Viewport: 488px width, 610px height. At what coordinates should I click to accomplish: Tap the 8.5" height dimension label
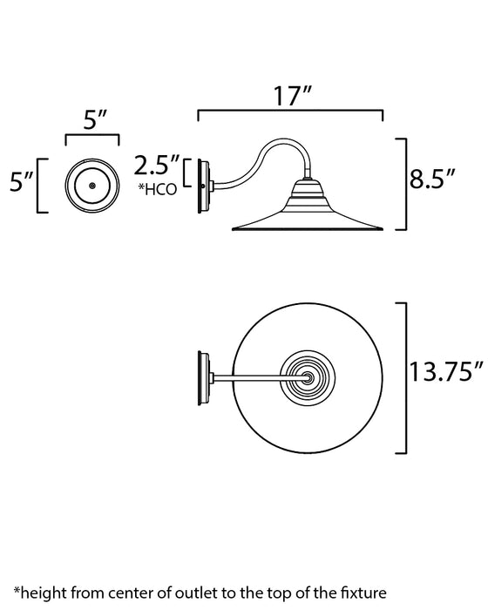(433, 182)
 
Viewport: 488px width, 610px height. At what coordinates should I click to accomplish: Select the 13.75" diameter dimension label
(446, 374)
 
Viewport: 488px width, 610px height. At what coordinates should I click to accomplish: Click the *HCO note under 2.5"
(158, 188)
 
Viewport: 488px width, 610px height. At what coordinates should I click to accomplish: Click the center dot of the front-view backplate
(91, 186)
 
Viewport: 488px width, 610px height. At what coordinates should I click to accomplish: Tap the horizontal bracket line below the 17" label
(290, 112)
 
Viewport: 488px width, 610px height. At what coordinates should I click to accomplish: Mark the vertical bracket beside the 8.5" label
(403, 183)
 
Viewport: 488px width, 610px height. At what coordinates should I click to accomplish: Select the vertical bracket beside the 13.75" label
(403, 376)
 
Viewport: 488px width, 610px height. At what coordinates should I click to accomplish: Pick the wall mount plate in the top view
(204, 376)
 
